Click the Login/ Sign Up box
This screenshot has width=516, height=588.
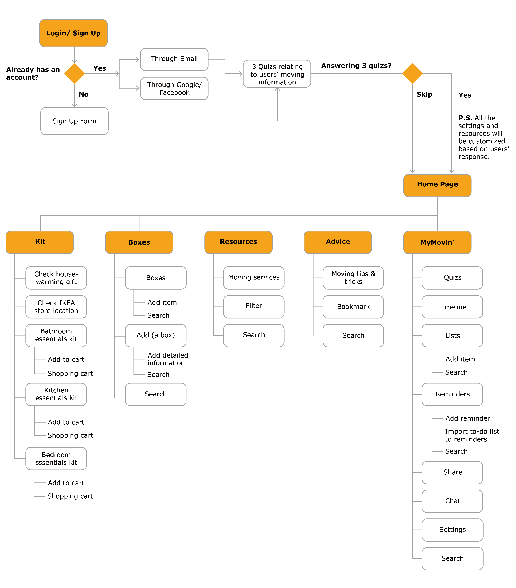coord(73,33)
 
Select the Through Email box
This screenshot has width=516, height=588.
coord(174,59)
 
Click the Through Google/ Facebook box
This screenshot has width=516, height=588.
coord(174,88)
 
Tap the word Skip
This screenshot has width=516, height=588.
coord(424,94)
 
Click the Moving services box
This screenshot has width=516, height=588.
coord(254,278)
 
